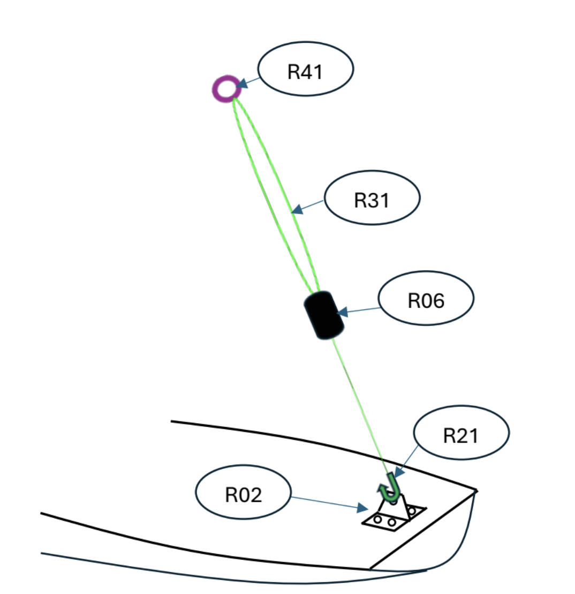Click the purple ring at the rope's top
(x=225, y=89)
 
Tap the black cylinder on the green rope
(x=324, y=315)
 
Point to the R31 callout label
(x=373, y=199)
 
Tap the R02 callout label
(x=244, y=495)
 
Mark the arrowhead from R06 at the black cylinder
(x=341, y=311)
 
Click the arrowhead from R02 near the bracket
(x=363, y=506)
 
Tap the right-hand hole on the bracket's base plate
(x=411, y=511)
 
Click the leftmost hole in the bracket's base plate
(x=378, y=519)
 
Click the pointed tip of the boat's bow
(x=476, y=490)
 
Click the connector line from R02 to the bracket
(x=324, y=501)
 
